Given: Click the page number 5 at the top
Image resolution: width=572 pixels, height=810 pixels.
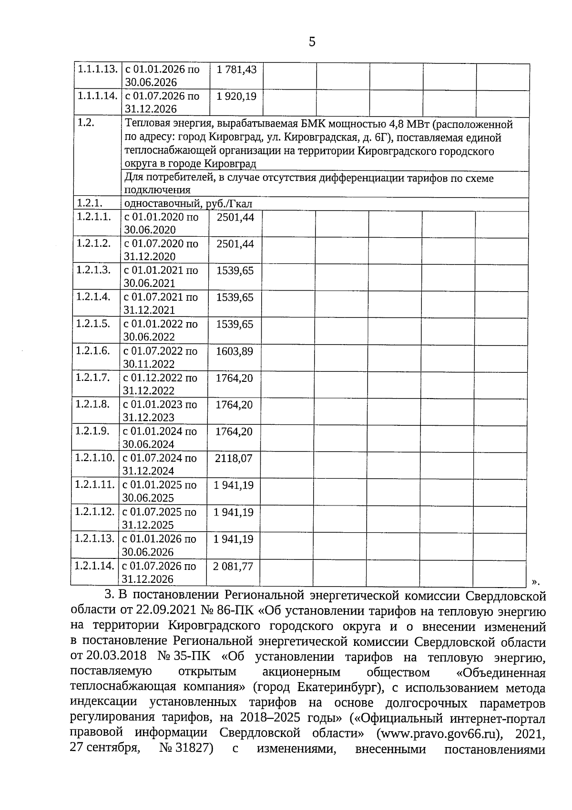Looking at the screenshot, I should [312, 42].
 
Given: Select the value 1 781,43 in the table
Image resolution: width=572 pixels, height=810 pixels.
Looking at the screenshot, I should [236, 70].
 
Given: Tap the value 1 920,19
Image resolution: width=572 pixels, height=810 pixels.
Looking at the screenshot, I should [236, 96].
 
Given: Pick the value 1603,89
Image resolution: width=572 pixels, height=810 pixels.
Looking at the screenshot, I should [235, 352].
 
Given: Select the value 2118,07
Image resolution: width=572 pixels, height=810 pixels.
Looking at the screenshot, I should [234, 459].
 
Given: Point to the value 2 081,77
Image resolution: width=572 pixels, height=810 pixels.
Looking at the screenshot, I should [233, 567].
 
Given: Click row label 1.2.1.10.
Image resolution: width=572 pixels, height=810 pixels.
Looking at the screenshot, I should [94, 458].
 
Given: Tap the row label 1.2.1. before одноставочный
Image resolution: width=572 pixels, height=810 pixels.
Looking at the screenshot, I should [90, 203].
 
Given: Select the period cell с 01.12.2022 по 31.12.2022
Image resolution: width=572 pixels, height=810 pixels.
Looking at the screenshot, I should [160, 384].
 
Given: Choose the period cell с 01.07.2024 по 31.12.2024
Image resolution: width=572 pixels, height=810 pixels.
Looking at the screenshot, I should [159, 464].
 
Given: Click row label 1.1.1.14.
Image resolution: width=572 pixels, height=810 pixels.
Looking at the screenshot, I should [97, 96].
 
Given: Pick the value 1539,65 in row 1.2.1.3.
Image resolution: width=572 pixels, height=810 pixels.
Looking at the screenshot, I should [235, 271].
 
